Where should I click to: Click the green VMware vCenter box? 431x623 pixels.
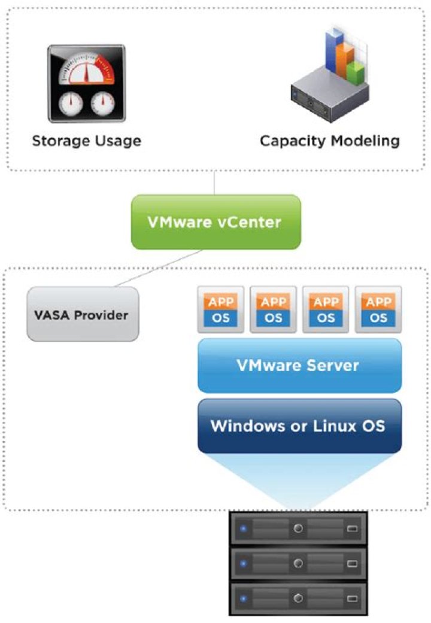coord(215,222)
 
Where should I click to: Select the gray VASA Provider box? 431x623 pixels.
coord(83,314)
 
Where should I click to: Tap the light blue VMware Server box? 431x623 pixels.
coord(299,365)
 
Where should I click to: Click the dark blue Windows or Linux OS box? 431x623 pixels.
coord(299,426)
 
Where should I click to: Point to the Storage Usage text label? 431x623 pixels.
coord(86,141)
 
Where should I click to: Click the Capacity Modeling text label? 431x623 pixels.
coord(329,141)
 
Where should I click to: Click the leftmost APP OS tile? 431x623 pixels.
coord(221,309)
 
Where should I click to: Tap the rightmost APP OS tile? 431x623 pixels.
coord(378,309)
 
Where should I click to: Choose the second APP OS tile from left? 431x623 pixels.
coord(274,309)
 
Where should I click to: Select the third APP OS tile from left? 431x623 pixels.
coord(326,309)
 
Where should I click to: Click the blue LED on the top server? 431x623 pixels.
coord(242,529)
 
